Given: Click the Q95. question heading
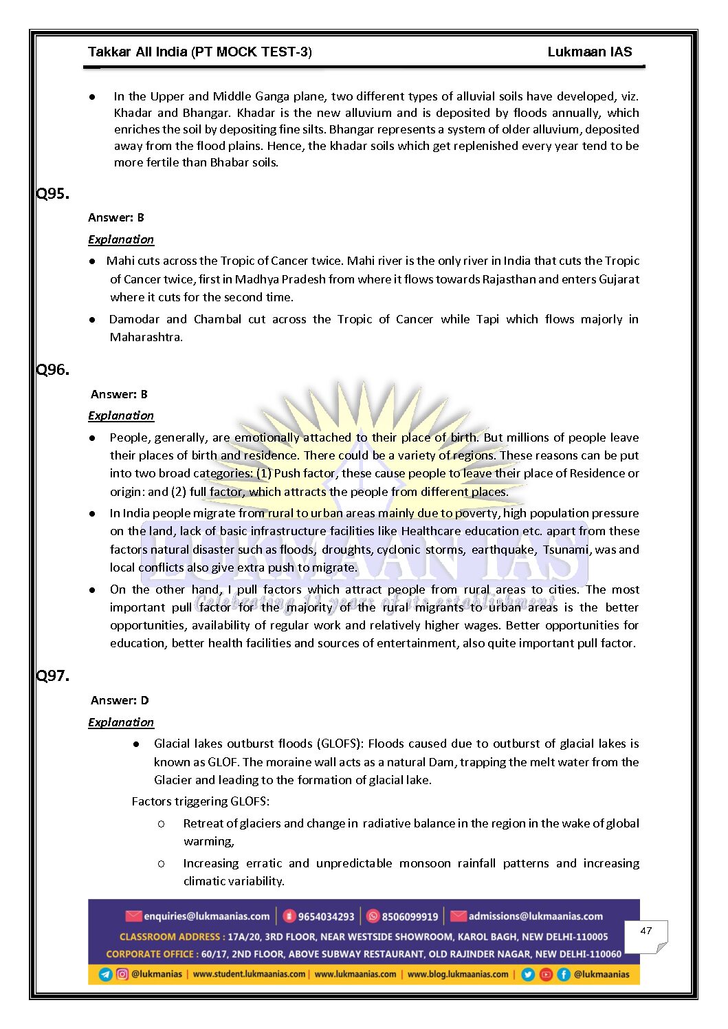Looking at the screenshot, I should pos(53,194).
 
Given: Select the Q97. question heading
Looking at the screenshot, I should pos(53,676).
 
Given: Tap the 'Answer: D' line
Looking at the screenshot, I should pos(120,700).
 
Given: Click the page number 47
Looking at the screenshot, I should pos(646,931).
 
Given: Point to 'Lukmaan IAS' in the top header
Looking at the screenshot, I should pos(589,52).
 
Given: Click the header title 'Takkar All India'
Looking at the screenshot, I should pos(137,52).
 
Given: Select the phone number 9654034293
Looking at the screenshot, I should pos(326,916).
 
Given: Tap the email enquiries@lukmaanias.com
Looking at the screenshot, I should pos(206,916).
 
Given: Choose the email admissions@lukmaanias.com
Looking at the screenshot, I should pos(536,916).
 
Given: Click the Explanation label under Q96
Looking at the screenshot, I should pos(121,415).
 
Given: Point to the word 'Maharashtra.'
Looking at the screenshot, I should pos(146,337).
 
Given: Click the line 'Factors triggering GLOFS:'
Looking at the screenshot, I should pos(201,801).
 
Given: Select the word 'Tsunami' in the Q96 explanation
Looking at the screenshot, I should pos(566,549).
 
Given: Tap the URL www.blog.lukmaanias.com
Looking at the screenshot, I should pos(458,974).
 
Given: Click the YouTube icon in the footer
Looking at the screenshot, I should pos(546,974).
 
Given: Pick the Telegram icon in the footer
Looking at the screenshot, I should pos(106,974).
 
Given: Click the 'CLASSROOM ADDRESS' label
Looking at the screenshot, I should pos(170,937).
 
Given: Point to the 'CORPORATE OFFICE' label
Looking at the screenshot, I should pos(151,954).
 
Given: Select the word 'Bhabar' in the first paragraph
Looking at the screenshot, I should pos(230,163).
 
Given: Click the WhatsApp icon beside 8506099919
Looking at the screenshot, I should pos(373,916).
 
